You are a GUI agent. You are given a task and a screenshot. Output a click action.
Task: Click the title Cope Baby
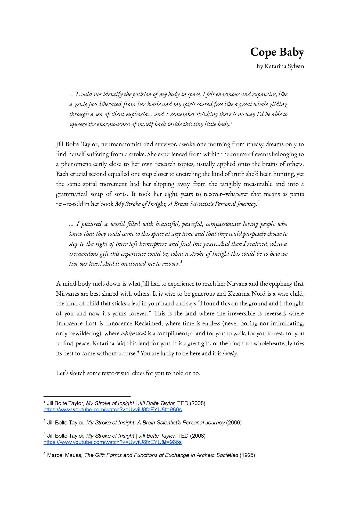(x=277, y=52)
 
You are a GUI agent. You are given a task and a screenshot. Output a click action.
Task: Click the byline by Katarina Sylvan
(x=280, y=66)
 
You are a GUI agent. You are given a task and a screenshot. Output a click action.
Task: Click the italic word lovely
(x=230, y=353)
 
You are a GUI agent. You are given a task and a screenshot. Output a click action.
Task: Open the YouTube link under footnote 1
(x=113, y=410)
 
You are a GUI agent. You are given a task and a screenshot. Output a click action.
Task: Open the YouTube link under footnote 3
(x=113, y=442)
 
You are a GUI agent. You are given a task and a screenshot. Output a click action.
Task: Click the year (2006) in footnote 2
(x=234, y=423)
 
